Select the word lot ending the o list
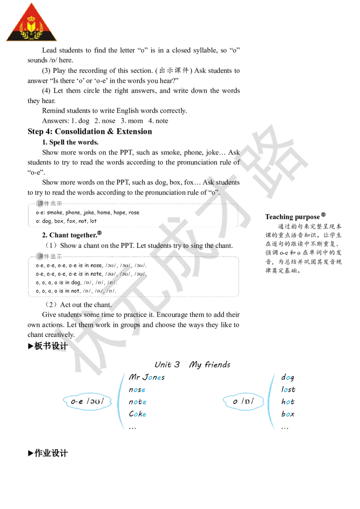93,221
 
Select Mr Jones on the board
147,377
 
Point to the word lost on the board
288,389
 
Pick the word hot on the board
288,402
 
